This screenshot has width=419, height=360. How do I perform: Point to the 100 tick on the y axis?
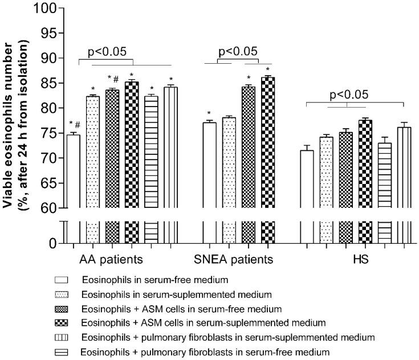click(x=55, y=9)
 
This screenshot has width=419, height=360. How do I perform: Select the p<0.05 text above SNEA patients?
click(x=238, y=52)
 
